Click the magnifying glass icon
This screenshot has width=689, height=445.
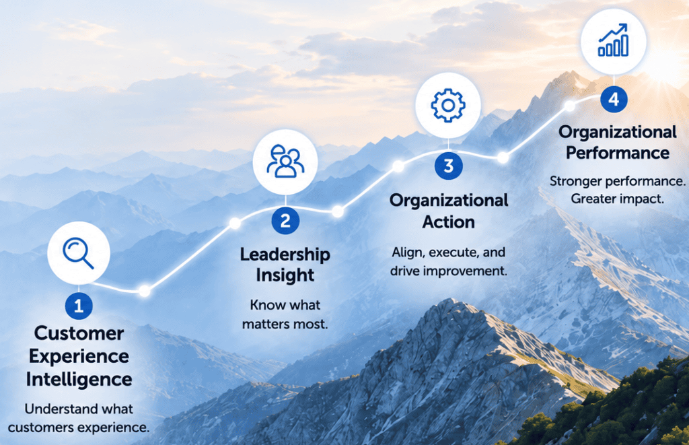(x=78, y=253)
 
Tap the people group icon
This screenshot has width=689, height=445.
(x=285, y=162)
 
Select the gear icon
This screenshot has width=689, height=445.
(x=447, y=106)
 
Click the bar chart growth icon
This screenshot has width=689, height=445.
(x=614, y=40)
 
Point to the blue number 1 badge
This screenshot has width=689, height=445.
(x=79, y=306)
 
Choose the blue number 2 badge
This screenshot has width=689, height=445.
(x=285, y=220)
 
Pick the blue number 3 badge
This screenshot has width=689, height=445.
(x=448, y=166)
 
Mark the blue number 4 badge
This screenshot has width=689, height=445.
(x=614, y=99)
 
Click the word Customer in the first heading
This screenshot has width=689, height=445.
(x=79, y=333)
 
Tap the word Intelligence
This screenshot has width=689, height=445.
(x=79, y=379)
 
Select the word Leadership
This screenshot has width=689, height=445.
(x=285, y=254)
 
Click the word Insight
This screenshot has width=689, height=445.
(x=285, y=276)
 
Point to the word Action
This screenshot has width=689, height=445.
(x=449, y=222)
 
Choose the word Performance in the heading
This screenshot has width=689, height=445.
(x=618, y=153)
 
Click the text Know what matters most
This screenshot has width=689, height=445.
(x=285, y=314)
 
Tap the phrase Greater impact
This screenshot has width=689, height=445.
(x=618, y=199)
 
